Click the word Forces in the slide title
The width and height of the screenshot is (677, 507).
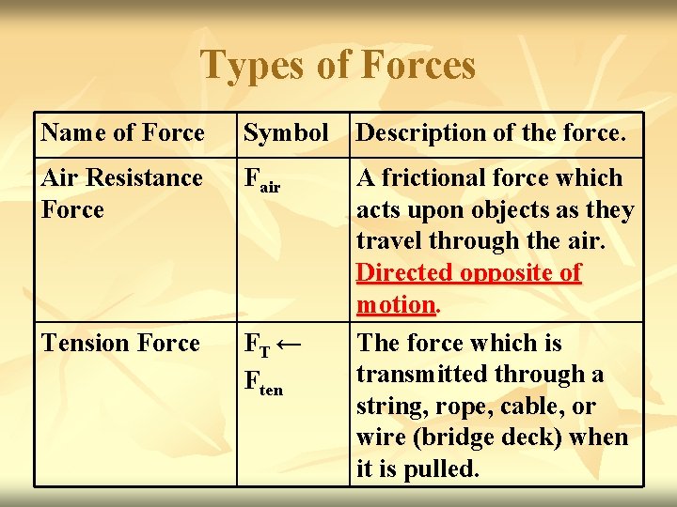[x=418, y=66]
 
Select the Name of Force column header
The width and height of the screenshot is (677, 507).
[x=122, y=133]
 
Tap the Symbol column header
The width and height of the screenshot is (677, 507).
[x=286, y=133]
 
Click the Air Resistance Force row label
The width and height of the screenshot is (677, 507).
[x=121, y=193]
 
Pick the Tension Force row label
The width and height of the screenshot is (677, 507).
[x=120, y=344]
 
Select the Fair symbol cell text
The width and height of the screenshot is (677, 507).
[x=261, y=180]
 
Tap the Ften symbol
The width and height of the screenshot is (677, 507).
[x=262, y=382]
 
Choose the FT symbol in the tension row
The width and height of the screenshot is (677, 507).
[x=257, y=346]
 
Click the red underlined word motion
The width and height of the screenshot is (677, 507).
[x=395, y=305]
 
